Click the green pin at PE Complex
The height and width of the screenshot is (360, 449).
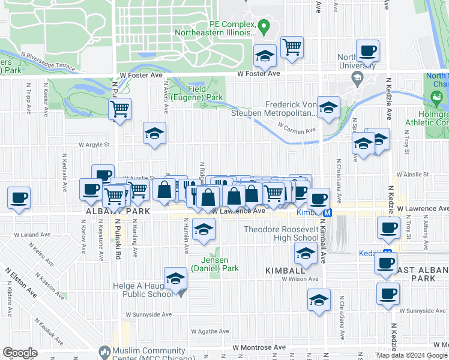click(x=263, y=26)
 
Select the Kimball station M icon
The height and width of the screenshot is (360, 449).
click(x=327, y=213)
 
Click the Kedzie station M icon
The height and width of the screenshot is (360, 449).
click(x=388, y=253)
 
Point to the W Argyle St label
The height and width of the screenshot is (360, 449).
click(x=95, y=144)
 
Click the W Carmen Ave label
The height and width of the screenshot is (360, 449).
click(x=297, y=130)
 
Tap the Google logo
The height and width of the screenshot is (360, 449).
click(x=20, y=353)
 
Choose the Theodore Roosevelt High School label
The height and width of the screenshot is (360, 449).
click(x=280, y=233)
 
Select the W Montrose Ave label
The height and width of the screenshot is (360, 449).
click(x=260, y=347)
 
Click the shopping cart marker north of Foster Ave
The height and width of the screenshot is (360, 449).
click(x=292, y=47)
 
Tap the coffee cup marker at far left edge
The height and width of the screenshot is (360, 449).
click(x=19, y=197)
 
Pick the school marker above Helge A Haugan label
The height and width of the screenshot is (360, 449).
click(x=175, y=279)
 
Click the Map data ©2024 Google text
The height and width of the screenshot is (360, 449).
click(x=412, y=355)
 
